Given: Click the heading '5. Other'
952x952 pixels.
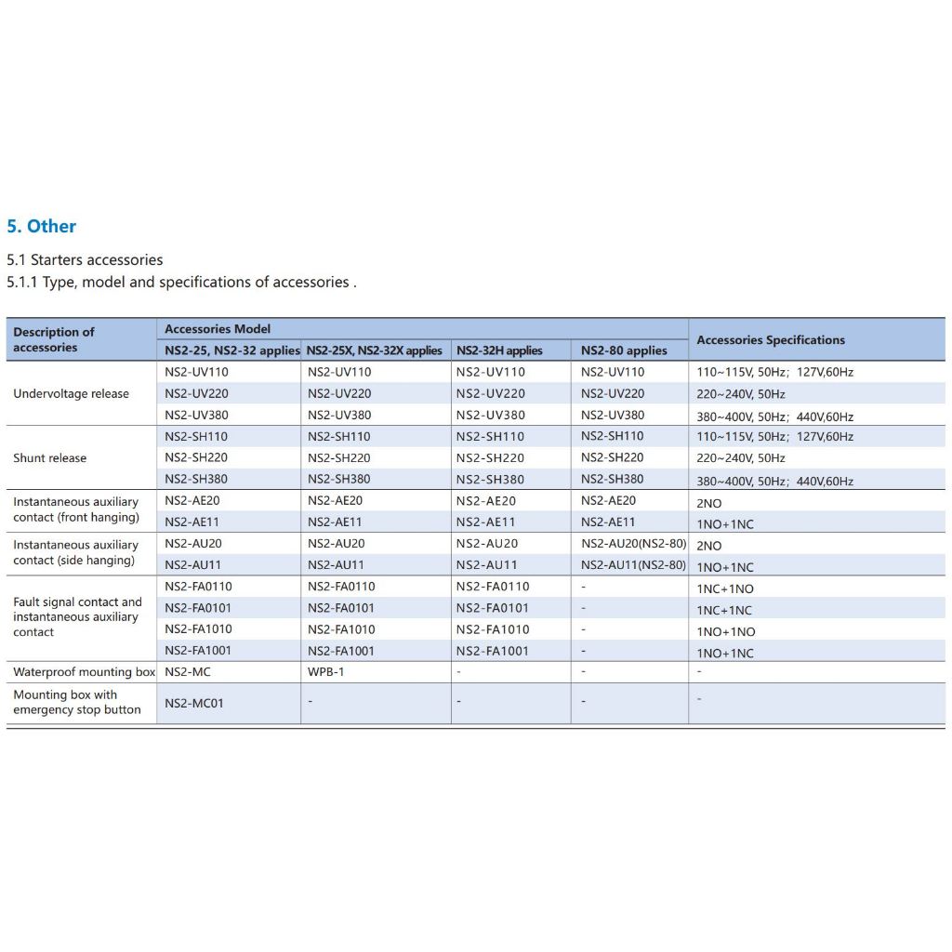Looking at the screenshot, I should (x=42, y=226).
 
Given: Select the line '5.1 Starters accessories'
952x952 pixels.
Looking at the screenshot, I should (x=85, y=260).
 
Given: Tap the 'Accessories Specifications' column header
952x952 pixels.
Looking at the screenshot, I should (x=771, y=340).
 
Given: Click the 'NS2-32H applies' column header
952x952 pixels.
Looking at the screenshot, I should (x=499, y=350).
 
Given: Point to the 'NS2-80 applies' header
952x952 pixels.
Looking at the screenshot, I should (x=624, y=350).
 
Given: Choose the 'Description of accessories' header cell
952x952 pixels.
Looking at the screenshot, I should (x=54, y=339).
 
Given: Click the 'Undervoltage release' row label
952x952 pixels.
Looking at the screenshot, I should (x=71, y=393).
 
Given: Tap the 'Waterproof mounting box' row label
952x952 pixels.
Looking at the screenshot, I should (x=84, y=672).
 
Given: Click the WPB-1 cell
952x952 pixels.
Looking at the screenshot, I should (x=325, y=672).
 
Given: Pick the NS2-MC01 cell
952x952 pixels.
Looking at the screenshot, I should (x=194, y=704).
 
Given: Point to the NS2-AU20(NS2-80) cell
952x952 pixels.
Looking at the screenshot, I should (x=633, y=544).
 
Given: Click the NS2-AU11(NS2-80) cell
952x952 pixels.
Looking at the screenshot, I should (x=633, y=565).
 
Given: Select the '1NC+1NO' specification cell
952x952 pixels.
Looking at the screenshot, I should (x=725, y=588).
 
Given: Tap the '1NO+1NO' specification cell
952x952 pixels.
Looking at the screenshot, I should (x=725, y=632).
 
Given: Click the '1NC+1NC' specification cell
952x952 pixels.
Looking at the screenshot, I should (x=725, y=611).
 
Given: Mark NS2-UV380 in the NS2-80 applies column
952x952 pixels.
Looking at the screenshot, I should (x=613, y=416).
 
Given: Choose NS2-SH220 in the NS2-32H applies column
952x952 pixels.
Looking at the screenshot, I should (x=490, y=457).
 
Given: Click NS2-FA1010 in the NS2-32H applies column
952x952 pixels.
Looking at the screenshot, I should (x=493, y=629).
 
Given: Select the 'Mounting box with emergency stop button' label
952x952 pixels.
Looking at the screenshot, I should (x=77, y=702).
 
